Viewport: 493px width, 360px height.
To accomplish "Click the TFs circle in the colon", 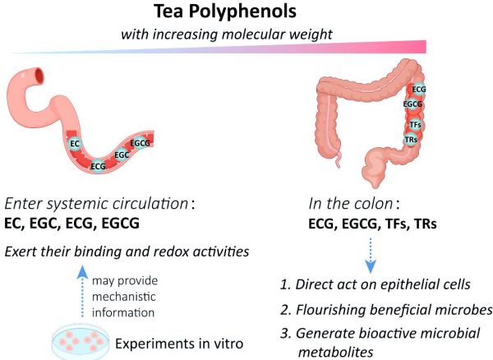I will coord(416,124).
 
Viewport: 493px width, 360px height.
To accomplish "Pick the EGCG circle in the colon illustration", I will coord(413,105).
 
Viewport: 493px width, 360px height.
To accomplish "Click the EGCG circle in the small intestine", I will coord(141,144).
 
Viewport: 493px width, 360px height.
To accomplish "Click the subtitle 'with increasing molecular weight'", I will coord(226,35).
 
